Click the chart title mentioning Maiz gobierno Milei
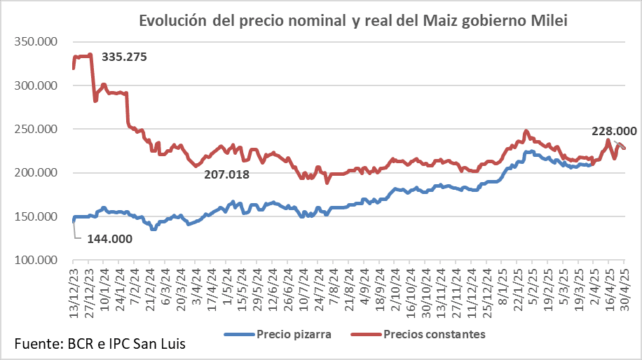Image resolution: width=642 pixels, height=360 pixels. point(353,20)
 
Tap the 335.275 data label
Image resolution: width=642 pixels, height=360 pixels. point(124,57)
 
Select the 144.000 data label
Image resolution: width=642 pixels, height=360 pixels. point(110,239)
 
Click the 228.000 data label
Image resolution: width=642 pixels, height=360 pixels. point(614,131)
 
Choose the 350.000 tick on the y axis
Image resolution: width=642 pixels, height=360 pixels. point(36,42)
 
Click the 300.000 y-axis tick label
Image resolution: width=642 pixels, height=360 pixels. point(36,85)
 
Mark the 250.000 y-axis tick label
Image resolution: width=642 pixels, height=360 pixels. point(36,130)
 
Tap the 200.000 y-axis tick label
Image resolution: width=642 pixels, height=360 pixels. point(36,173)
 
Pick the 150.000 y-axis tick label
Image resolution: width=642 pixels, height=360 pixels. point(36,216)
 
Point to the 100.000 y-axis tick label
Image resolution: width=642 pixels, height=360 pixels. point(36,261)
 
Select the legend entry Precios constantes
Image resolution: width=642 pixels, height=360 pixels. point(435,333)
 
